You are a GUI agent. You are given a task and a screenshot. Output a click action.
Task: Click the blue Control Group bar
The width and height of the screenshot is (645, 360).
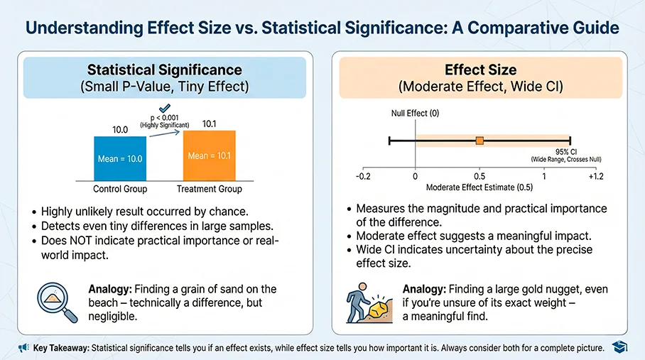(119, 158)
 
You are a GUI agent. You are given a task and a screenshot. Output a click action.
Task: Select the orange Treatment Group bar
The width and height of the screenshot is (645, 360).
(209, 156)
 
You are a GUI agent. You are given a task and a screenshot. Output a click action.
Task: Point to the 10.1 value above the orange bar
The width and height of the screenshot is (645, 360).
(210, 124)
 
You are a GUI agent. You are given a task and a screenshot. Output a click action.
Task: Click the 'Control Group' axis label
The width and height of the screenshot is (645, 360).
(120, 189)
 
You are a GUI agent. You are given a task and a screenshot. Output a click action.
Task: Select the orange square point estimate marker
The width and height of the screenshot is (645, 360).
(479, 141)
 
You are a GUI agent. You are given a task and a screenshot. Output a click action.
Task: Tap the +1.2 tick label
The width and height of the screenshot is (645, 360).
(595, 175)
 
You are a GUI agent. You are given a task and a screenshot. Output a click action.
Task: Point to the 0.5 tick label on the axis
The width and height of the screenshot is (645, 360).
(479, 175)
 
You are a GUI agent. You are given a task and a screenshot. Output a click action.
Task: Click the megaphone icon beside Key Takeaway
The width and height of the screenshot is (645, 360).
(23, 348)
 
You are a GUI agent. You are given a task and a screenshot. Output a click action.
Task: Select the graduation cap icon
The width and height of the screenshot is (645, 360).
(619, 347)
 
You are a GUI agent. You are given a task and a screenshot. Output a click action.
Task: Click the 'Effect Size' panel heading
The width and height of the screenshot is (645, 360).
(480, 70)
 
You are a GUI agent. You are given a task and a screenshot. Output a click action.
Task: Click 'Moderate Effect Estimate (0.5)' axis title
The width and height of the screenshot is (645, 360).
(479, 187)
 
